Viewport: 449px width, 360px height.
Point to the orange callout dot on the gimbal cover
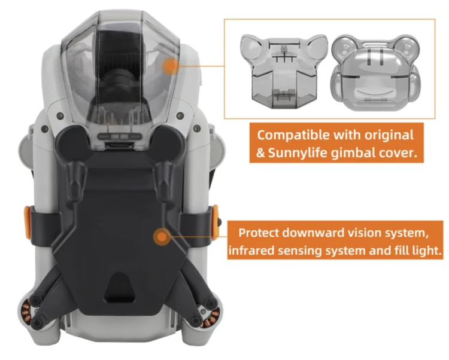tap(171, 66)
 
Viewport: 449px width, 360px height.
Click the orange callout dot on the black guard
tap(162, 237)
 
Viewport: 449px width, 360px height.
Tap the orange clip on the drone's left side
tap(27, 222)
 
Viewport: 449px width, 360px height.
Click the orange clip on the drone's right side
tap(215, 222)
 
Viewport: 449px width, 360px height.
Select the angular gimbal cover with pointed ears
tap(284, 72)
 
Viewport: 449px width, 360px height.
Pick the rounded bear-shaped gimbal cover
tap(376, 72)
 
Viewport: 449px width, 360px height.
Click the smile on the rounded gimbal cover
tap(375, 93)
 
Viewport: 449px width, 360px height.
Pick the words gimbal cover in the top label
tap(374, 153)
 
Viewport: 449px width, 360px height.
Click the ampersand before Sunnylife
tap(260, 153)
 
